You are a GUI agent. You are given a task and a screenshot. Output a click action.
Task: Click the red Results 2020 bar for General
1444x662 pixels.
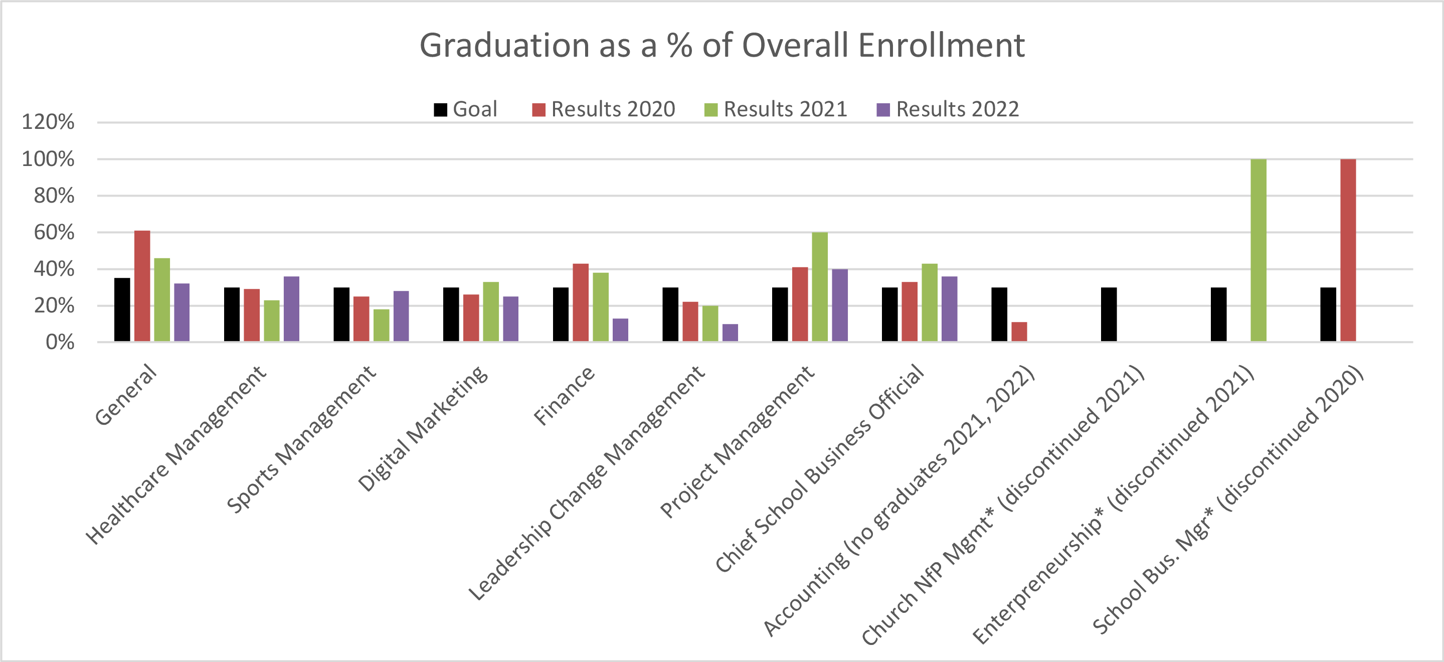(x=142, y=286)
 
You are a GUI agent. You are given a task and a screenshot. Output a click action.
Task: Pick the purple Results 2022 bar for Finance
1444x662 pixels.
(x=620, y=330)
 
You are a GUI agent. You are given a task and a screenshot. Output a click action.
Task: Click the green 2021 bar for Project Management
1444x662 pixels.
(x=820, y=286)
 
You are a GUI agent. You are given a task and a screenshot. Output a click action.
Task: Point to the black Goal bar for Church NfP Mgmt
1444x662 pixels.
(x=1108, y=314)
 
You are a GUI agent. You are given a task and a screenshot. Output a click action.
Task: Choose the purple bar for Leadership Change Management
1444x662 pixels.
(x=730, y=333)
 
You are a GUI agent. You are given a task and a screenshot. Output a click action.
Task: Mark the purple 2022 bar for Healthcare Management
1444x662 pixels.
(x=291, y=309)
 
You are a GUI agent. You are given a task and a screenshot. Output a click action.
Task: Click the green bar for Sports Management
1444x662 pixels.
(x=381, y=325)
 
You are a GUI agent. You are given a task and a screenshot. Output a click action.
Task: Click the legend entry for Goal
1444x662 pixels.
(x=465, y=109)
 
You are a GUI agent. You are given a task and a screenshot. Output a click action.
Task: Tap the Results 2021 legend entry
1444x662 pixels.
(x=776, y=109)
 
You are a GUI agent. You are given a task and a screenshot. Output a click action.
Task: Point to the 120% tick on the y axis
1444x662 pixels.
(x=48, y=122)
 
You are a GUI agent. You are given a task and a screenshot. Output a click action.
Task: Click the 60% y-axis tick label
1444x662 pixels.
(x=54, y=232)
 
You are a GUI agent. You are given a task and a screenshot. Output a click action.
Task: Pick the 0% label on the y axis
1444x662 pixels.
(x=60, y=342)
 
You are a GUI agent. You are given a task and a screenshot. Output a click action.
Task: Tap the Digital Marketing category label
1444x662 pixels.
(x=423, y=429)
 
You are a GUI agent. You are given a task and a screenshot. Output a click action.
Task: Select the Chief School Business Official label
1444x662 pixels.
(x=820, y=468)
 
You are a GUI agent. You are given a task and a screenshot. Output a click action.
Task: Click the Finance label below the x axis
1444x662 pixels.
(x=564, y=395)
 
